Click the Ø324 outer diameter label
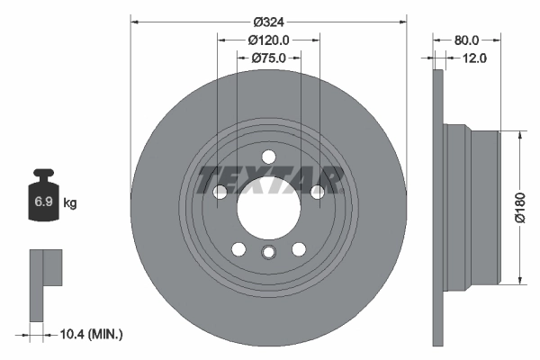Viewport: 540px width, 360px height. pos(268,21)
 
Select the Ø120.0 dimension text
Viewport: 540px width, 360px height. pos(268,40)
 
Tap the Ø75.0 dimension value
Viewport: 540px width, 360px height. pos(268,58)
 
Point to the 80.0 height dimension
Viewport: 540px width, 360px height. pos(466,40)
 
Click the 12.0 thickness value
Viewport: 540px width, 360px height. pos(474,58)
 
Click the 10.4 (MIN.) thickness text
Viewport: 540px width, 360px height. pos(91,334)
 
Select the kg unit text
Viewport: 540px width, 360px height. pos(70,204)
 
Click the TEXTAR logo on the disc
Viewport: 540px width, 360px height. pos(269,179)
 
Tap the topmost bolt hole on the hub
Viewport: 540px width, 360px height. pos(268,157)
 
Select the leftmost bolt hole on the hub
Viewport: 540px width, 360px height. pos(220,192)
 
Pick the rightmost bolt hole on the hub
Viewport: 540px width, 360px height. pos(317,192)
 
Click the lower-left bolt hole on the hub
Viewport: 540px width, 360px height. pos(238,249)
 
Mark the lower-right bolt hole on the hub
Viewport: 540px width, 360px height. pos(298,249)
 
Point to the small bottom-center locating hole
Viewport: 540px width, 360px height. pos(268,254)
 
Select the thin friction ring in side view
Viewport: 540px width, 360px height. pos(438,207)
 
